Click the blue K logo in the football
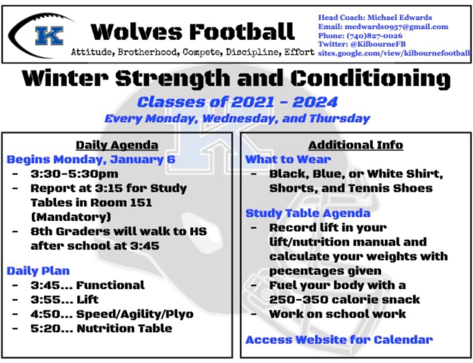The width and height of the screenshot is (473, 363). [49, 36]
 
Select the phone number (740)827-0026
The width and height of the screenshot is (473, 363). [374, 36]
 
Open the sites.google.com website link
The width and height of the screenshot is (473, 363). [394, 53]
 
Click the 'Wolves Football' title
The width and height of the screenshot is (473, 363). [193, 32]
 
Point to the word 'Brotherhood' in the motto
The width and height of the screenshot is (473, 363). [147, 52]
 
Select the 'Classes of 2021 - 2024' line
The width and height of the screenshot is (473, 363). [237, 102]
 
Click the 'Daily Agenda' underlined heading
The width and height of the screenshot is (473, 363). [117, 145]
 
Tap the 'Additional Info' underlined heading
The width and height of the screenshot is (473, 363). [356, 145]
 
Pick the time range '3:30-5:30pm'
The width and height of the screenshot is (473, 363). [74, 174]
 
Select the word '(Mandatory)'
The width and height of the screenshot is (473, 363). [71, 217]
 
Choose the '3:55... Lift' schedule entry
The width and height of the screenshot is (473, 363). [65, 299]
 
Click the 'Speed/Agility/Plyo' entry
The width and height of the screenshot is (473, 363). [135, 314]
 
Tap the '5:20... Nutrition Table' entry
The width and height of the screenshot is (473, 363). [101, 328]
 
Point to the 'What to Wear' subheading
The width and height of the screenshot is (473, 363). [288, 159]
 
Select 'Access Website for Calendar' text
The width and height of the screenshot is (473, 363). [339, 340]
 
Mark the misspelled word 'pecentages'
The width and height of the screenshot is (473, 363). [325, 271]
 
